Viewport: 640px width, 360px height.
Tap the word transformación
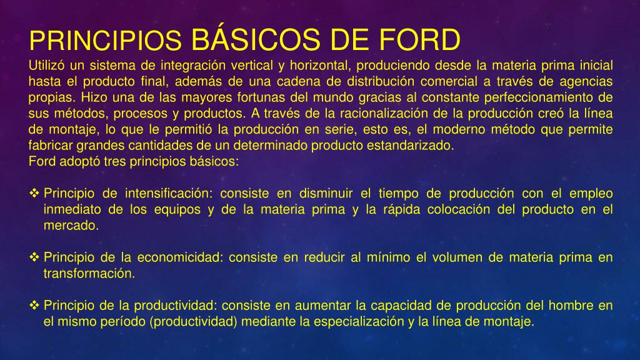(89, 274)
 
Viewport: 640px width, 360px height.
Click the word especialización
(357, 322)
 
